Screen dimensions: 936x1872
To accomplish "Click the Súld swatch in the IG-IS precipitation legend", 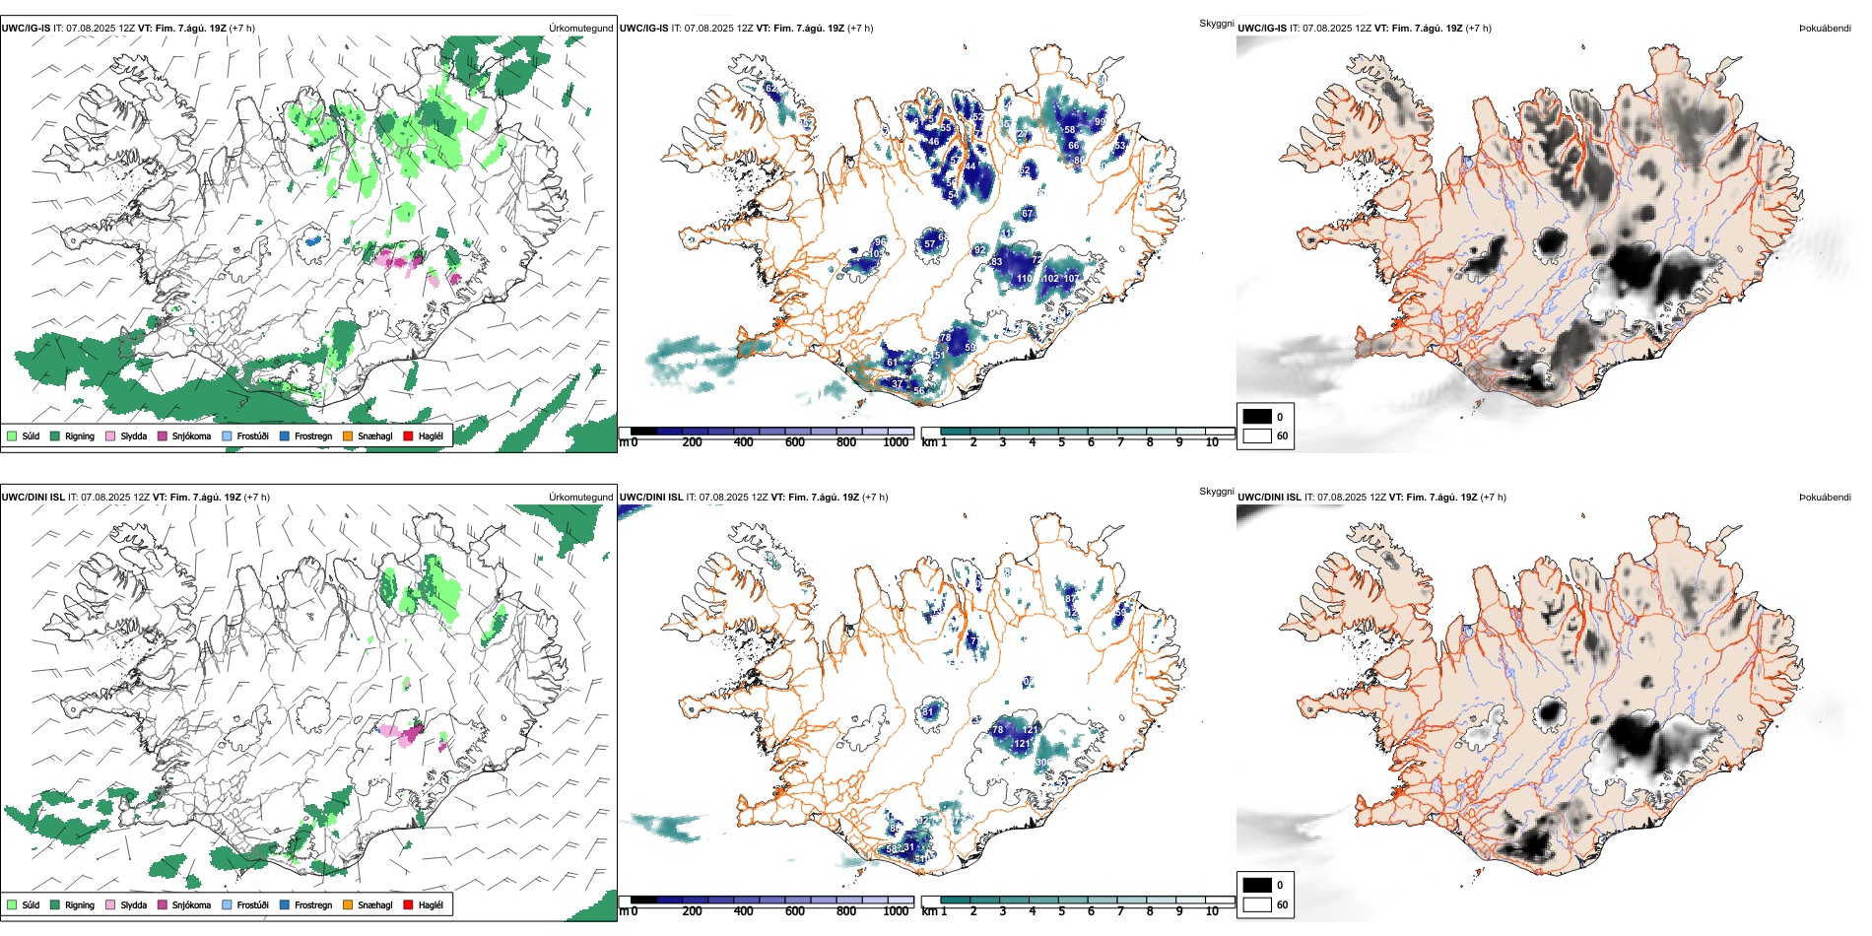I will pyautogui.click(x=12, y=435).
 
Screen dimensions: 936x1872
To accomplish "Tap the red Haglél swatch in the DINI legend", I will pyautogui.click(x=408, y=904).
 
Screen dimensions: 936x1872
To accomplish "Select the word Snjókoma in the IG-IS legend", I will pyautogui.click(x=191, y=435).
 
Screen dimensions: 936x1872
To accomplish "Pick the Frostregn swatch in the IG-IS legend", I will pyautogui.click(x=285, y=435).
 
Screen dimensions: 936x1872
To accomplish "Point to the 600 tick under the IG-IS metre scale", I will pyautogui.click(x=795, y=442).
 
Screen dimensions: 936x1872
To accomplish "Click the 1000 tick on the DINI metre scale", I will pyautogui.click(x=896, y=911).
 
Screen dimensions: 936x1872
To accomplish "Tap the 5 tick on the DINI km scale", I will pyautogui.click(x=1061, y=911).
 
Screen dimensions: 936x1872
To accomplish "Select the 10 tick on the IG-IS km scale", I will pyautogui.click(x=1212, y=442).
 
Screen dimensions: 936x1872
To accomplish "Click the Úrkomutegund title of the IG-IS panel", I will pyautogui.click(x=580, y=28).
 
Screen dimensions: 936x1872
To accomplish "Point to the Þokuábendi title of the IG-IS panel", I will pyautogui.click(x=1825, y=28).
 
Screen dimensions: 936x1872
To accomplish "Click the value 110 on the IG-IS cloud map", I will pyautogui.click(x=1025, y=279).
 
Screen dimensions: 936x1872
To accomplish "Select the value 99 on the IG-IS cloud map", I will pyautogui.click(x=1101, y=121).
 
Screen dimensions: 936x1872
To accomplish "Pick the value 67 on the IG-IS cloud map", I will pyautogui.click(x=1028, y=214).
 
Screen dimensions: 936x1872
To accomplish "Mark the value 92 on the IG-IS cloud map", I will pyautogui.click(x=979, y=250).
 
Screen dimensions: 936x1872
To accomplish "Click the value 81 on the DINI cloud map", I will pyautogui.click(x=928, y=711).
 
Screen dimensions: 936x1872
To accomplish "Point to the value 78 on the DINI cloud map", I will pyautogui.click(x=997, y=730).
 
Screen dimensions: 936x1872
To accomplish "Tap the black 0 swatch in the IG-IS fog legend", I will pyautogui.click(x=1257, y=417).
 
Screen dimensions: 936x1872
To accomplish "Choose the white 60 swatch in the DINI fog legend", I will pyautogui.click(x=1257, y=904).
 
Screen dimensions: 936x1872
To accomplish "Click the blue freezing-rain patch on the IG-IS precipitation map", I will pyautogui.click(x=313, y=239).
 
